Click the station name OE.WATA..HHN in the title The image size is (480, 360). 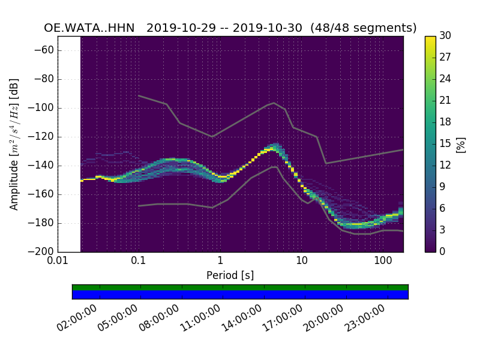coord(89,28)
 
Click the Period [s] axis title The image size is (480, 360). coord(230,275)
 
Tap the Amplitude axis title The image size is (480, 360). coord(14,144)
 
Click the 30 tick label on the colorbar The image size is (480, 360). coord(445,36)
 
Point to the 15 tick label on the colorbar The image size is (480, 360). coord(445,143)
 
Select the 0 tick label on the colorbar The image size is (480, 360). coord(442,251)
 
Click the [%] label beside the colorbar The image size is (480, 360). coord(461,144)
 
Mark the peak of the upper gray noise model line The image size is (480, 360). coord(274,103)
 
